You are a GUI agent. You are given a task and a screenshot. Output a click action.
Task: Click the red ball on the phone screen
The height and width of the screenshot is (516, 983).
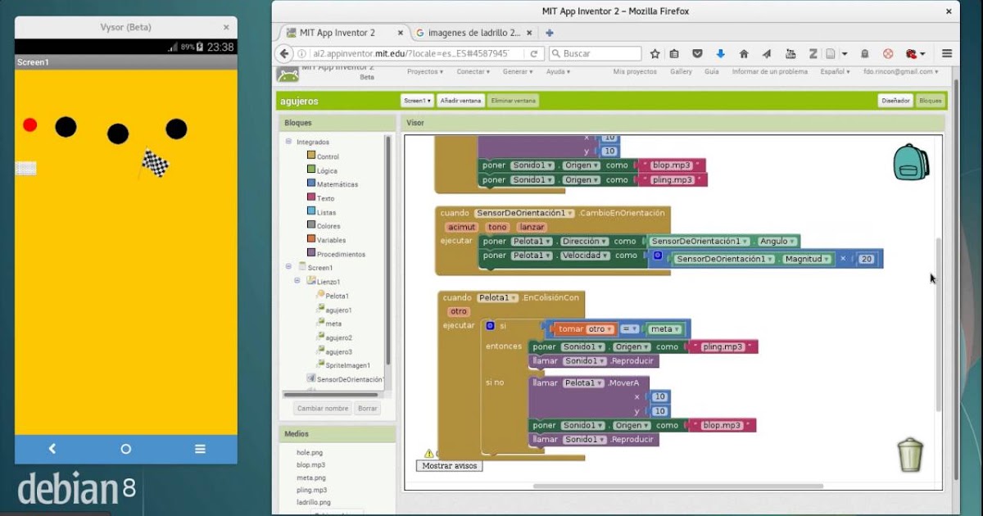pos(30,124)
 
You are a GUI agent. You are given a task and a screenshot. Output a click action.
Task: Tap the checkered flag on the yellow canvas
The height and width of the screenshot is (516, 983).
pos(154,164)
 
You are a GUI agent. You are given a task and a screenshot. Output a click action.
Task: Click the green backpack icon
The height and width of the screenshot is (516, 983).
pos(910,162)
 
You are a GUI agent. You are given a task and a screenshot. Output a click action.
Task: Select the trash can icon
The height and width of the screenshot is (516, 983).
pos(910,455)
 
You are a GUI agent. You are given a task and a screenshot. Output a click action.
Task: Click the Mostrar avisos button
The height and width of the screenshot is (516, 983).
pos(449,465)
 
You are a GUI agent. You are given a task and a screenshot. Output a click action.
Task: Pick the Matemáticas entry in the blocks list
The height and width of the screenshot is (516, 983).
pos(337,184)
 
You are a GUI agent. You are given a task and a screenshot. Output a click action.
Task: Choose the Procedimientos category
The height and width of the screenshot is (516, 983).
pos(340,254)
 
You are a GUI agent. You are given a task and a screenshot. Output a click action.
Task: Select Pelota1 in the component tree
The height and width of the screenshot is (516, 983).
pos(337,296)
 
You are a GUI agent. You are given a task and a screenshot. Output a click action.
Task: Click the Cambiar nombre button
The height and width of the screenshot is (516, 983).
pos(323,408)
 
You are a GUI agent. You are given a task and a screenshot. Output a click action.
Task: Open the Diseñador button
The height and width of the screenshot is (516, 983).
pos(895,101)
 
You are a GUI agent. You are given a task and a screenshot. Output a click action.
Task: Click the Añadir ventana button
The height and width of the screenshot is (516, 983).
pos(460,101)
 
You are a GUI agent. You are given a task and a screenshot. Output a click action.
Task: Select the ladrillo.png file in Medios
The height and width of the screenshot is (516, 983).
pos(314,502)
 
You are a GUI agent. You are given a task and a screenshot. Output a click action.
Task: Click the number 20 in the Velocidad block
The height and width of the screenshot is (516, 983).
pos(867,259)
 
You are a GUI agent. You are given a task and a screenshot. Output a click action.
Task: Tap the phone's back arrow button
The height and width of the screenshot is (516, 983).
pos(52,449)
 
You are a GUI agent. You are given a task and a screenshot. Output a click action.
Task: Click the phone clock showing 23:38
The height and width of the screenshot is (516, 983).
pos(220,47)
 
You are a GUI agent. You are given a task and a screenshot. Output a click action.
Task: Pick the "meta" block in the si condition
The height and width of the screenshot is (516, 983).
pos(664,329)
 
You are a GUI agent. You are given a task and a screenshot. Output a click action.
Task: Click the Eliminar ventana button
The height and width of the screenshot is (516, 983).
pos(513,101)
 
